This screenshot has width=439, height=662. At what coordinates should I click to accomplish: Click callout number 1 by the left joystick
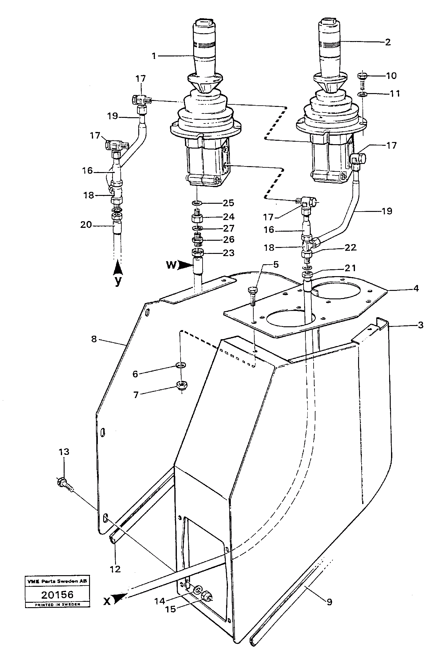pyautogui.click(x=154, y=56)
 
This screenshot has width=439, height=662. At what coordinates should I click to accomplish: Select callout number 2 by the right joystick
pyautogui.click(x=388, y=42)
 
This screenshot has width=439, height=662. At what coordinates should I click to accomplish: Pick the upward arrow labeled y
pyautogui.click(x=118, y=269)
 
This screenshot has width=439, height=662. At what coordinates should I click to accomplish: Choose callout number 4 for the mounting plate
pyautogui.click(x=415, y=288)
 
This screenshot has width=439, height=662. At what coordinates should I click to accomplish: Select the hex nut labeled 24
pyautogui.click(x=197, y=217)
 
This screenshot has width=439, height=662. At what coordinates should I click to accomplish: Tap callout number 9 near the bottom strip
pyautogui.click(x=329, y=602)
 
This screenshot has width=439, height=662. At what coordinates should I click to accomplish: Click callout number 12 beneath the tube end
pyautogui.click(x=115, y=569)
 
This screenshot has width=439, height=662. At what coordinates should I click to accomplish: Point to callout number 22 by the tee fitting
pyautogui.click(x=350, y=248)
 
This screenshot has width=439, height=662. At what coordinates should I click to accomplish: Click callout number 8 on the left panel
pyautogui.click(x=94, y=339)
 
